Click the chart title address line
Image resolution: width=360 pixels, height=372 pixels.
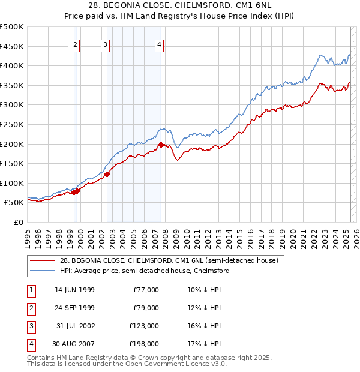click(x=180, y=5)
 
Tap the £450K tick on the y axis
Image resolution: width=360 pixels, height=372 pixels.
click(x=12, y=46)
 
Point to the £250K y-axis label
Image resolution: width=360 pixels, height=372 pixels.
click(x=12, y=124)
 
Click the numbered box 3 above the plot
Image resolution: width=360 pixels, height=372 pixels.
click(x=105, y=44)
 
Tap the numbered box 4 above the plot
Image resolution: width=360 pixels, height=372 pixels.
click(x=159, y=44)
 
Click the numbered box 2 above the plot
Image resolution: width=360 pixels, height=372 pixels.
click(x=75, y=44)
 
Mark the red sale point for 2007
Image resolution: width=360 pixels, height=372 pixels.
click(x=161, y=145)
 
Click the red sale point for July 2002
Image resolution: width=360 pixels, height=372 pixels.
click(x=107, y=174)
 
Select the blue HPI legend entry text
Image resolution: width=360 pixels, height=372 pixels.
click(x=144, y=271)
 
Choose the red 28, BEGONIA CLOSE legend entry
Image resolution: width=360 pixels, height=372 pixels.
click(x=169, y=261)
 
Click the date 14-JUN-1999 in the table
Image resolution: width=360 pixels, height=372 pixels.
click(x=74, y=290)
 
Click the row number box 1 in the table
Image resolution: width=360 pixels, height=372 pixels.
click(x=31, y=290)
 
